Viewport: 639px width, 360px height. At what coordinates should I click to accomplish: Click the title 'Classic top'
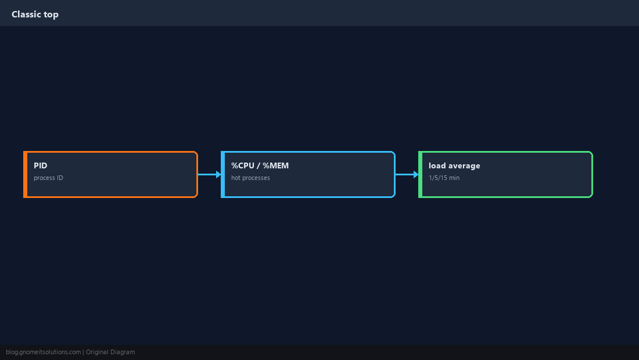coord(35,15)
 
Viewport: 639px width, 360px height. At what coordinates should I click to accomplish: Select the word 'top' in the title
coord(51,15)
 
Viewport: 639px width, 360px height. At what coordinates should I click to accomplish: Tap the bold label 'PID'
coord(40,165)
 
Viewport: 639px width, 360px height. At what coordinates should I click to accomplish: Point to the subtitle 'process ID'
coord(48,178)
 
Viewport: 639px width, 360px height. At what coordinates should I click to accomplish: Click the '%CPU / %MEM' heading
coord(260,165)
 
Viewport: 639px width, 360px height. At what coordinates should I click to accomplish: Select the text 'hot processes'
coord(250,178)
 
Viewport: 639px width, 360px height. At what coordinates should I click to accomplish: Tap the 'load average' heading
coord(454,165)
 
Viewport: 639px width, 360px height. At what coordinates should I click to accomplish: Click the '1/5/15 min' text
coord(444,178)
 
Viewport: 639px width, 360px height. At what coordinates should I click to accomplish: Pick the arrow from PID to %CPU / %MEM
coord(210,174)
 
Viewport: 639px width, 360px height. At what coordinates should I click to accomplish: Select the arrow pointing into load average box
coord(407,174)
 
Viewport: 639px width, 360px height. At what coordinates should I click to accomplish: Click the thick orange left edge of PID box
coord(25,174)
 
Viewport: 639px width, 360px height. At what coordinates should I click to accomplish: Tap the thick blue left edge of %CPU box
coord(223,174)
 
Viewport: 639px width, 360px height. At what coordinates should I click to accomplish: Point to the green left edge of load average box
coord(420,174)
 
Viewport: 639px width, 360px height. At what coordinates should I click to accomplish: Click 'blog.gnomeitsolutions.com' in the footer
coord(43,352)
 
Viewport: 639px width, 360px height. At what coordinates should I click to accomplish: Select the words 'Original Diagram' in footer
coord(110,352)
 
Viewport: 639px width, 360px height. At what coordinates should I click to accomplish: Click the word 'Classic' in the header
coord(26,15)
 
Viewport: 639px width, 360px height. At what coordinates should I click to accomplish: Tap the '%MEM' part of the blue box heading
coord(275,165)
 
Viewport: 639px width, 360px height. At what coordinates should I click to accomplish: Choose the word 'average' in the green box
coord(464,166)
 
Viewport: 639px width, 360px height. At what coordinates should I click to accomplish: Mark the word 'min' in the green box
coord(454,178)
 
